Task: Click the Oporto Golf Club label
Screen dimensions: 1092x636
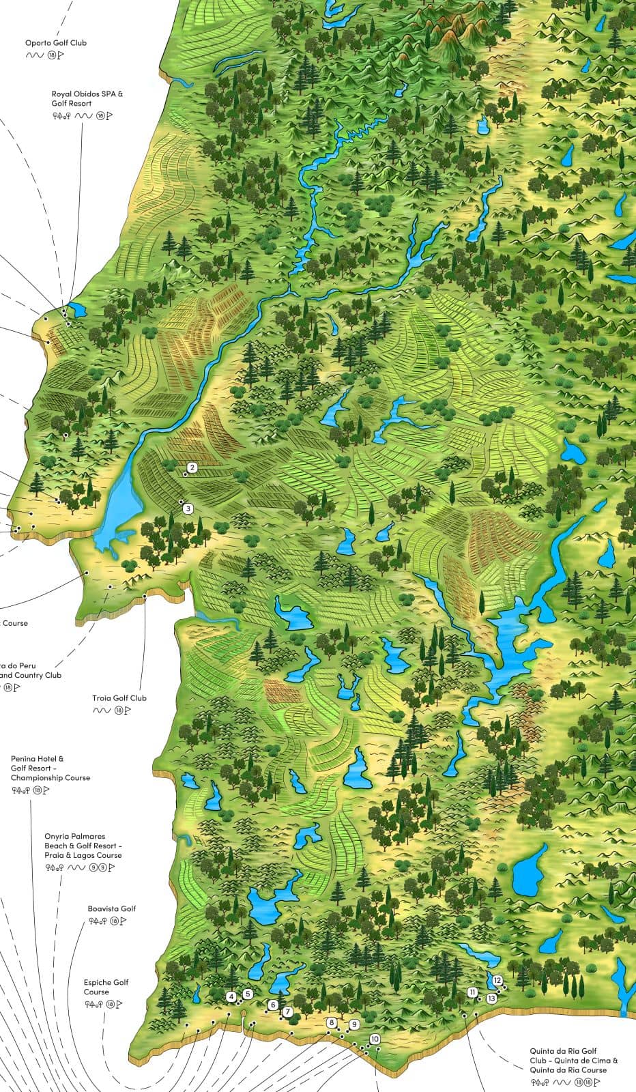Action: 56,43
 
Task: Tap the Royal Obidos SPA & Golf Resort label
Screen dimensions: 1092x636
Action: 87,99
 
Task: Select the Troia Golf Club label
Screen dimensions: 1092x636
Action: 119,698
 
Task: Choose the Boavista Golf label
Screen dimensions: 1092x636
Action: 112,908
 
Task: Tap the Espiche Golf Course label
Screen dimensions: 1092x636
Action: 106,987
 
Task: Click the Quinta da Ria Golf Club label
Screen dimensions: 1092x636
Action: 573,1061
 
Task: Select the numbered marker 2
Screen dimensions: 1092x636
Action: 192,468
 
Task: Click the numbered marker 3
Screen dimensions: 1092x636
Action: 188,508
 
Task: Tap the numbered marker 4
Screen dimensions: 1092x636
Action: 232,997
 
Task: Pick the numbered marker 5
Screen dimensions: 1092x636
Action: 248,994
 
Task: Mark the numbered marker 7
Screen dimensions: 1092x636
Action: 288,1011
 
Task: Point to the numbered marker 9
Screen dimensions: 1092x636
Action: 354,1024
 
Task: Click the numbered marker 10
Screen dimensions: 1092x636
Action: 375,1039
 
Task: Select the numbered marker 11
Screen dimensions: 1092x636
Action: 472,992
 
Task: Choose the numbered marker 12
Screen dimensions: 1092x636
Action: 497,980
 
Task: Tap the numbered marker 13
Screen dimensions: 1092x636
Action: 491,998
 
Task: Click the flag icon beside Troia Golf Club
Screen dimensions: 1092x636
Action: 128,710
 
